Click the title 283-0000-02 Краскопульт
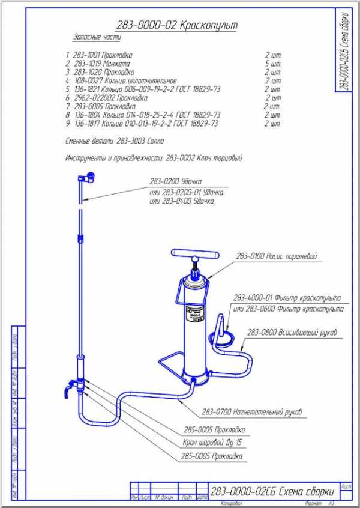[x=177, y=26]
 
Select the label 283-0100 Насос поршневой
[x=277, y=257]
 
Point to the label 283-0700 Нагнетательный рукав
[x=252, y=411]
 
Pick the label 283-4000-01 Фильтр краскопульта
[x=287, y=298]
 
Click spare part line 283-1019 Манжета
[x=103, y=63]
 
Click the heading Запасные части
[x=97, y=37]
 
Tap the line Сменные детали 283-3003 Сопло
[x=114, y=141]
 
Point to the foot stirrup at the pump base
[x=171, y=362]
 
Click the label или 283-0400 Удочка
[x=182, y=201]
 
